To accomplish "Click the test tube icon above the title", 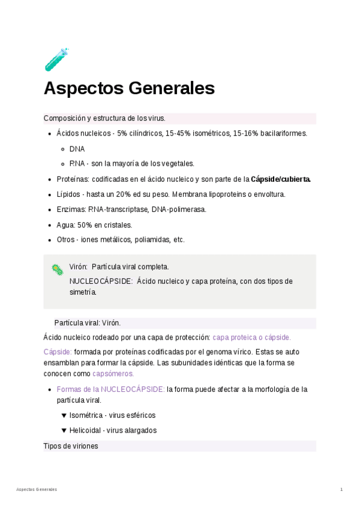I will click(x=56, y=59).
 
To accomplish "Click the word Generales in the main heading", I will click(x=172, y=88).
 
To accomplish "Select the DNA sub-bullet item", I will click(x=77, y=149).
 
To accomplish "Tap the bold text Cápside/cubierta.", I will click(x=280, y=179).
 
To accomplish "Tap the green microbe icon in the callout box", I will click(x=57, y=270).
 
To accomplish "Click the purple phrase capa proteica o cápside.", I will click(x=251, y=337).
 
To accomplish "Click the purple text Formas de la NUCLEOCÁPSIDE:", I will click(x=110, y=390).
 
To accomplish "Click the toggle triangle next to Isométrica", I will click(x=64, y=415).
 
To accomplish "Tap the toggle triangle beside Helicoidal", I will click(x=64, y=430).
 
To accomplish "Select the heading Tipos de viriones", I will click(x=71, y=446).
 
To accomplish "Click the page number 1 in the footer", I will click(x=341, y=490).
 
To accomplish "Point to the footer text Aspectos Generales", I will click(x=37, y=490).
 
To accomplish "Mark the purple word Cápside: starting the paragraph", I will click(x=58, y=352).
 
